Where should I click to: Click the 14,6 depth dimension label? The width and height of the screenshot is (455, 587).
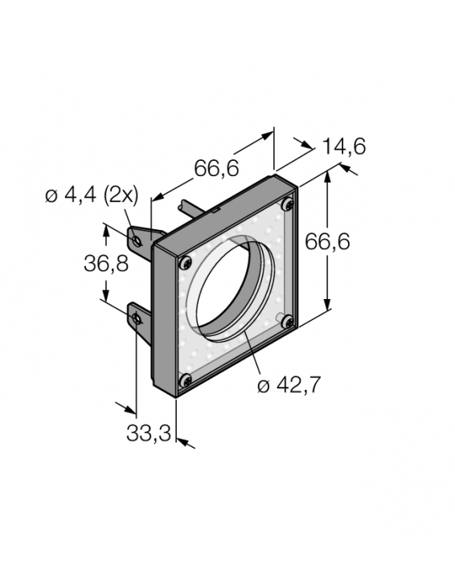(x=343, y=146)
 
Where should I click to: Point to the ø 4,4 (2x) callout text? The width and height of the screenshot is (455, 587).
(x=92, y=195)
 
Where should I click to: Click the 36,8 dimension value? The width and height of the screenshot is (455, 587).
(x=106, y=264)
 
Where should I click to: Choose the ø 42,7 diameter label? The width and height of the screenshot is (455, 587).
(x=289, y=385)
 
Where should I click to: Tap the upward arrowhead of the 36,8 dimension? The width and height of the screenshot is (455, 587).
(x=106, y=229)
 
